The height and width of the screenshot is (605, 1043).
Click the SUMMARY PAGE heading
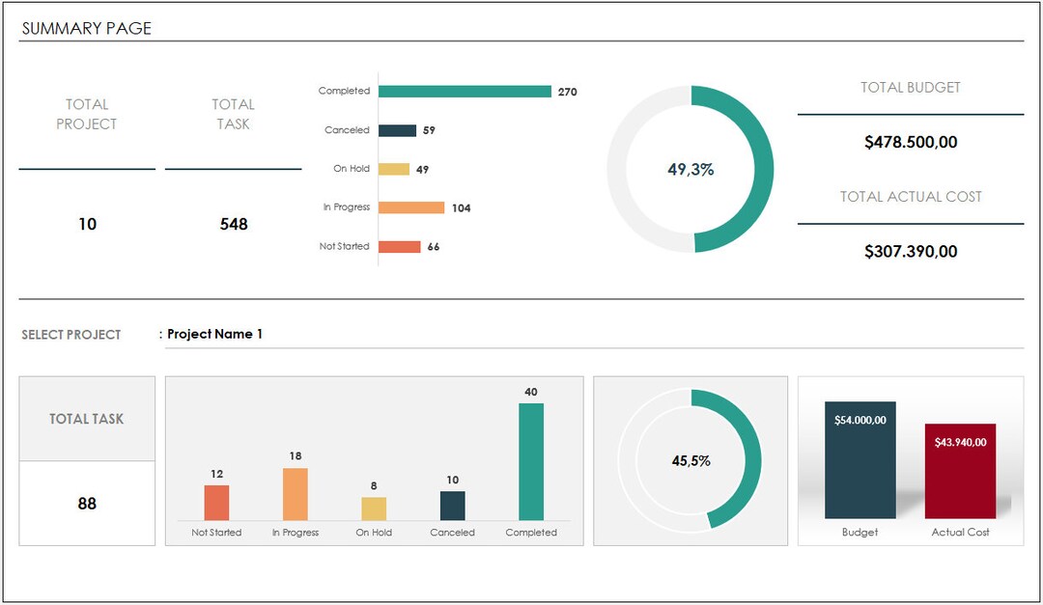click(x=87, y=29)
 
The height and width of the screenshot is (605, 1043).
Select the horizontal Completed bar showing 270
click(x=465, y=92)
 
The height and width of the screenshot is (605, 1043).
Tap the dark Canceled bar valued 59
click(x=397, y=130)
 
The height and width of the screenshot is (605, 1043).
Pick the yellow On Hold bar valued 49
click(x=394, y=169)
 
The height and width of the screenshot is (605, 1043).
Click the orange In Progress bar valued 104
click(x=411, y=207)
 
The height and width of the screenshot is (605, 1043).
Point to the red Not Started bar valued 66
click(x=400, y=247)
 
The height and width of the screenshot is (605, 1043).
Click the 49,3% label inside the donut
click(x=691, y=170)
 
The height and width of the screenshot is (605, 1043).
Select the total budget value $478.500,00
click(x=911, y=143)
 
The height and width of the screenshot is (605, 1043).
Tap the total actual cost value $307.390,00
click(x=911, y=252)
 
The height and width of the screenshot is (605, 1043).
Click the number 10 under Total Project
click(x=87, y=225)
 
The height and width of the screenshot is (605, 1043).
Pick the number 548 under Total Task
click(x=234, y=225)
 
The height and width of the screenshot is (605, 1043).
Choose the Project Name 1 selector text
click(x=214, y=335)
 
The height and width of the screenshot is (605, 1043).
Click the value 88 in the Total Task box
click(x=87, y=504)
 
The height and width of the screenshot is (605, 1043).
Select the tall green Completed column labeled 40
click(x=531, y=461)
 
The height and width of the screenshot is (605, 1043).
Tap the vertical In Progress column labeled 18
click(x=296, y=494)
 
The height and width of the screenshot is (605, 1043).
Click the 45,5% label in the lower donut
click(x=691, y=461)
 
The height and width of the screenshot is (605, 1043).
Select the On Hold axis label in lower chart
click(x=374, y=533)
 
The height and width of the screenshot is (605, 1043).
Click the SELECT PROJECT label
click(x=71, y=335)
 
